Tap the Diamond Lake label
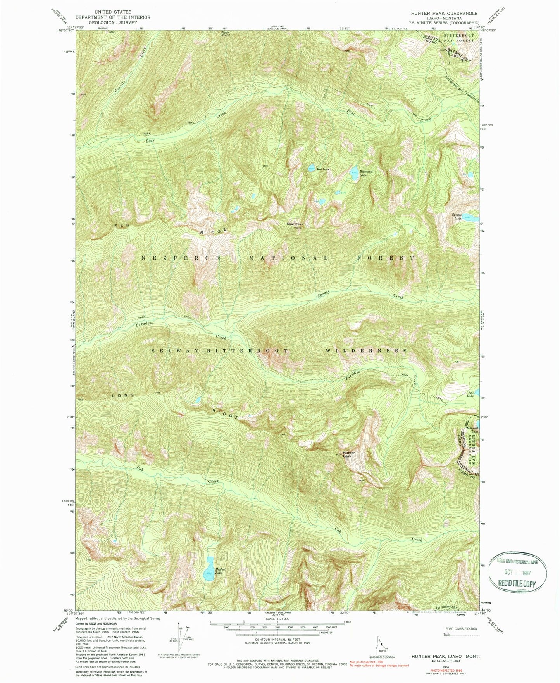click(x=365, y=173)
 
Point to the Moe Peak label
click(x=295, y=224)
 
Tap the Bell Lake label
click(x=470, y=394)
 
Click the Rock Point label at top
click(x=225, y=34)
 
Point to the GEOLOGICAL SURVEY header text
click(x=113, y=22)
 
